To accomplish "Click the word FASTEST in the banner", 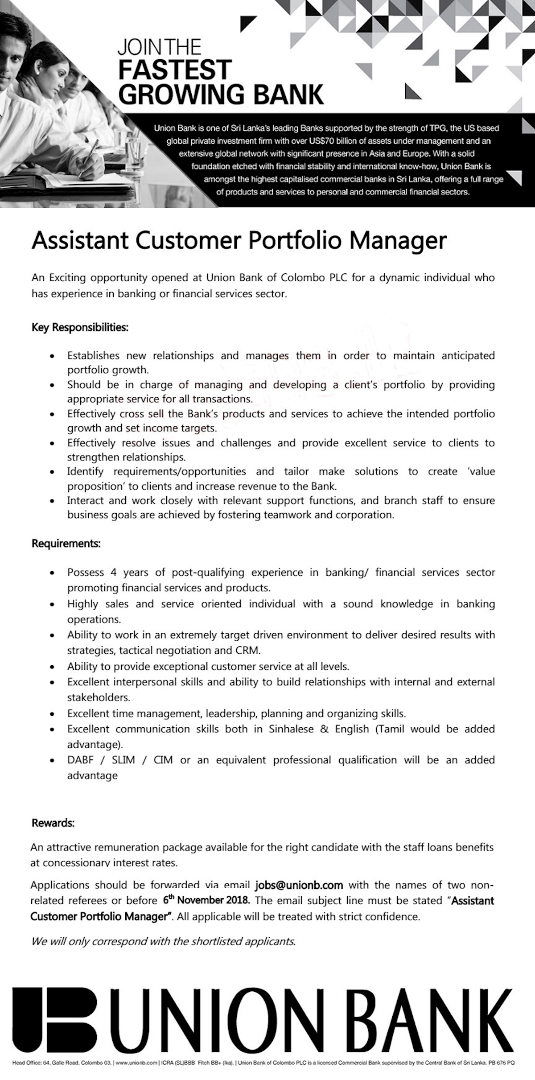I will click(175, 70).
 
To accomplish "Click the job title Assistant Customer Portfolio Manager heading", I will click(239, 241).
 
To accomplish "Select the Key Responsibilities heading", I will click(80, 328).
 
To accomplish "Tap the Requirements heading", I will click(66, 544).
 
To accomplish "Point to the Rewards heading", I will click(53, 823).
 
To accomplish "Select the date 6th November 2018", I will click(206, 900).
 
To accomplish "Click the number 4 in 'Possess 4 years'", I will click(114, 573).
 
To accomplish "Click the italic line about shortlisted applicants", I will click(163, 942).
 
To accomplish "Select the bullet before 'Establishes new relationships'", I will click(53, 357).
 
